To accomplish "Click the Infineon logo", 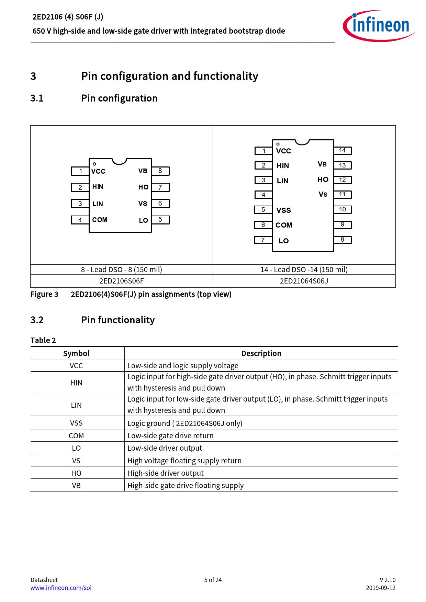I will [379, 26].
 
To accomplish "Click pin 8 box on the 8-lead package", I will [160, 171].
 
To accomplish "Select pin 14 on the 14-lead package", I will [343, 150].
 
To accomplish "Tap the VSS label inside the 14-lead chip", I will [283, 210].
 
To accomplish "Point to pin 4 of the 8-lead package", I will [80, 220].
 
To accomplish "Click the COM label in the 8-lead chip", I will [100, 220].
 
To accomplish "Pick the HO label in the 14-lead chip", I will [323, 180].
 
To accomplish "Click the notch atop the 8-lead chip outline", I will [120, 161].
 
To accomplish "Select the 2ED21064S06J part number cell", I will [304, 281].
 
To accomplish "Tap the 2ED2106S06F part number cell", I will [121, 281].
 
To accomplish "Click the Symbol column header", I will [76, 354].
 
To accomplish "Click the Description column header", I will [261, 354].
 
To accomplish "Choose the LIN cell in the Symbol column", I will [76, 405].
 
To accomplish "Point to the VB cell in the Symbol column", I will [76, 486].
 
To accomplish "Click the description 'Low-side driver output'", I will [165, 448].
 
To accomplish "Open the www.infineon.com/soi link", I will [61, 588].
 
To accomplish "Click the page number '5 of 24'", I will [213, 580].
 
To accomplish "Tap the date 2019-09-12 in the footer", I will [381, 588].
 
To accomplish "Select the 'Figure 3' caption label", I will [44, 294].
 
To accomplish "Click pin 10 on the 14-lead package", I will [343, 209].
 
